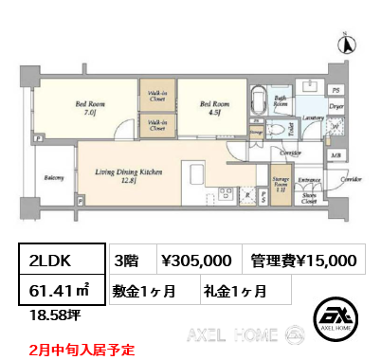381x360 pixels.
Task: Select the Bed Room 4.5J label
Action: (x=210, y=109)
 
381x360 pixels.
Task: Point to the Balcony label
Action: (x=53, y=176)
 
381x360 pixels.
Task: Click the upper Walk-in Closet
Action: (x=154, y=97)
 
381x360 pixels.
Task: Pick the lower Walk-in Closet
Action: (x=154, y=124)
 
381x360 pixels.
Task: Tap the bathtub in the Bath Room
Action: (x=258, y=103)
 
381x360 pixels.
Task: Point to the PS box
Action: (x=335, y=90)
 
